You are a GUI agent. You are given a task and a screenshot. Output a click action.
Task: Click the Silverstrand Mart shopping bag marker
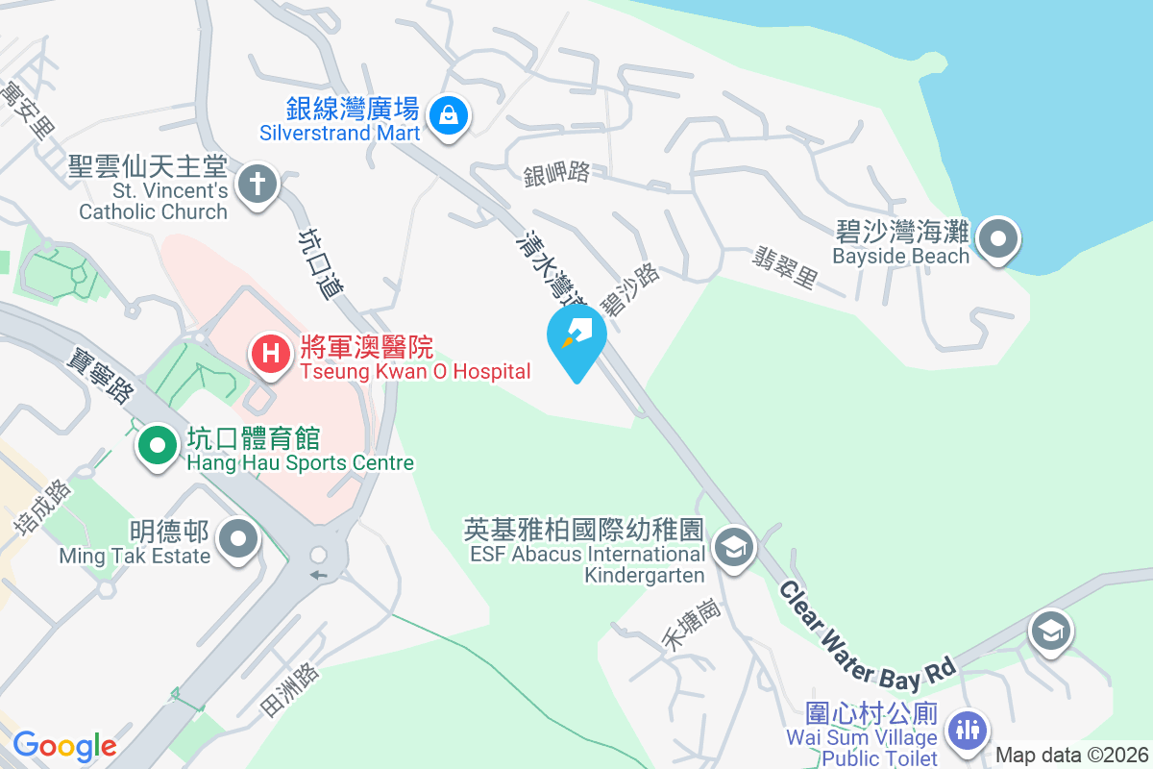coord(448,117)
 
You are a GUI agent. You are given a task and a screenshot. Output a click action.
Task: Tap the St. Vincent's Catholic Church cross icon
coord(257,184)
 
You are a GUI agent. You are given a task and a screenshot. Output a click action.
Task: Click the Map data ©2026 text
coord(1070,756)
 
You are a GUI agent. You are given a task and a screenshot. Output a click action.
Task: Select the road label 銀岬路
coord(556,174)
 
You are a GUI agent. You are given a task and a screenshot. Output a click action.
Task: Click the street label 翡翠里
coord(785,267)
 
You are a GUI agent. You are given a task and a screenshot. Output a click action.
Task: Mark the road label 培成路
coord(42,507)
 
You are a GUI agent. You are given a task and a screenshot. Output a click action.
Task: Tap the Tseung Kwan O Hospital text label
coord(414,372)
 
